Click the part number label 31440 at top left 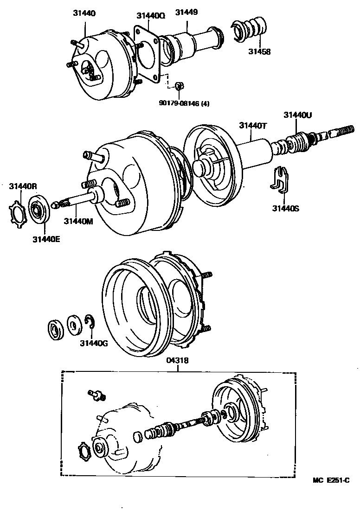click(84, 13)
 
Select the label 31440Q click(151, 15)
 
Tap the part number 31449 click(186, 12)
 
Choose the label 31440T click(252, 125)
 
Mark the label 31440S click(285, 209)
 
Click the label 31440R click(23, 186)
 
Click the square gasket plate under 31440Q click(148, 54)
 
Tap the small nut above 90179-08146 click(180, 85)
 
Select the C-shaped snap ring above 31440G click(90, 322)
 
